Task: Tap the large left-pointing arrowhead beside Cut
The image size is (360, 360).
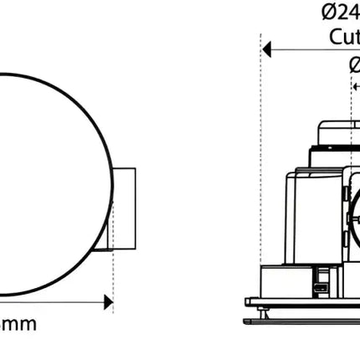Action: tap(268, 49)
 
